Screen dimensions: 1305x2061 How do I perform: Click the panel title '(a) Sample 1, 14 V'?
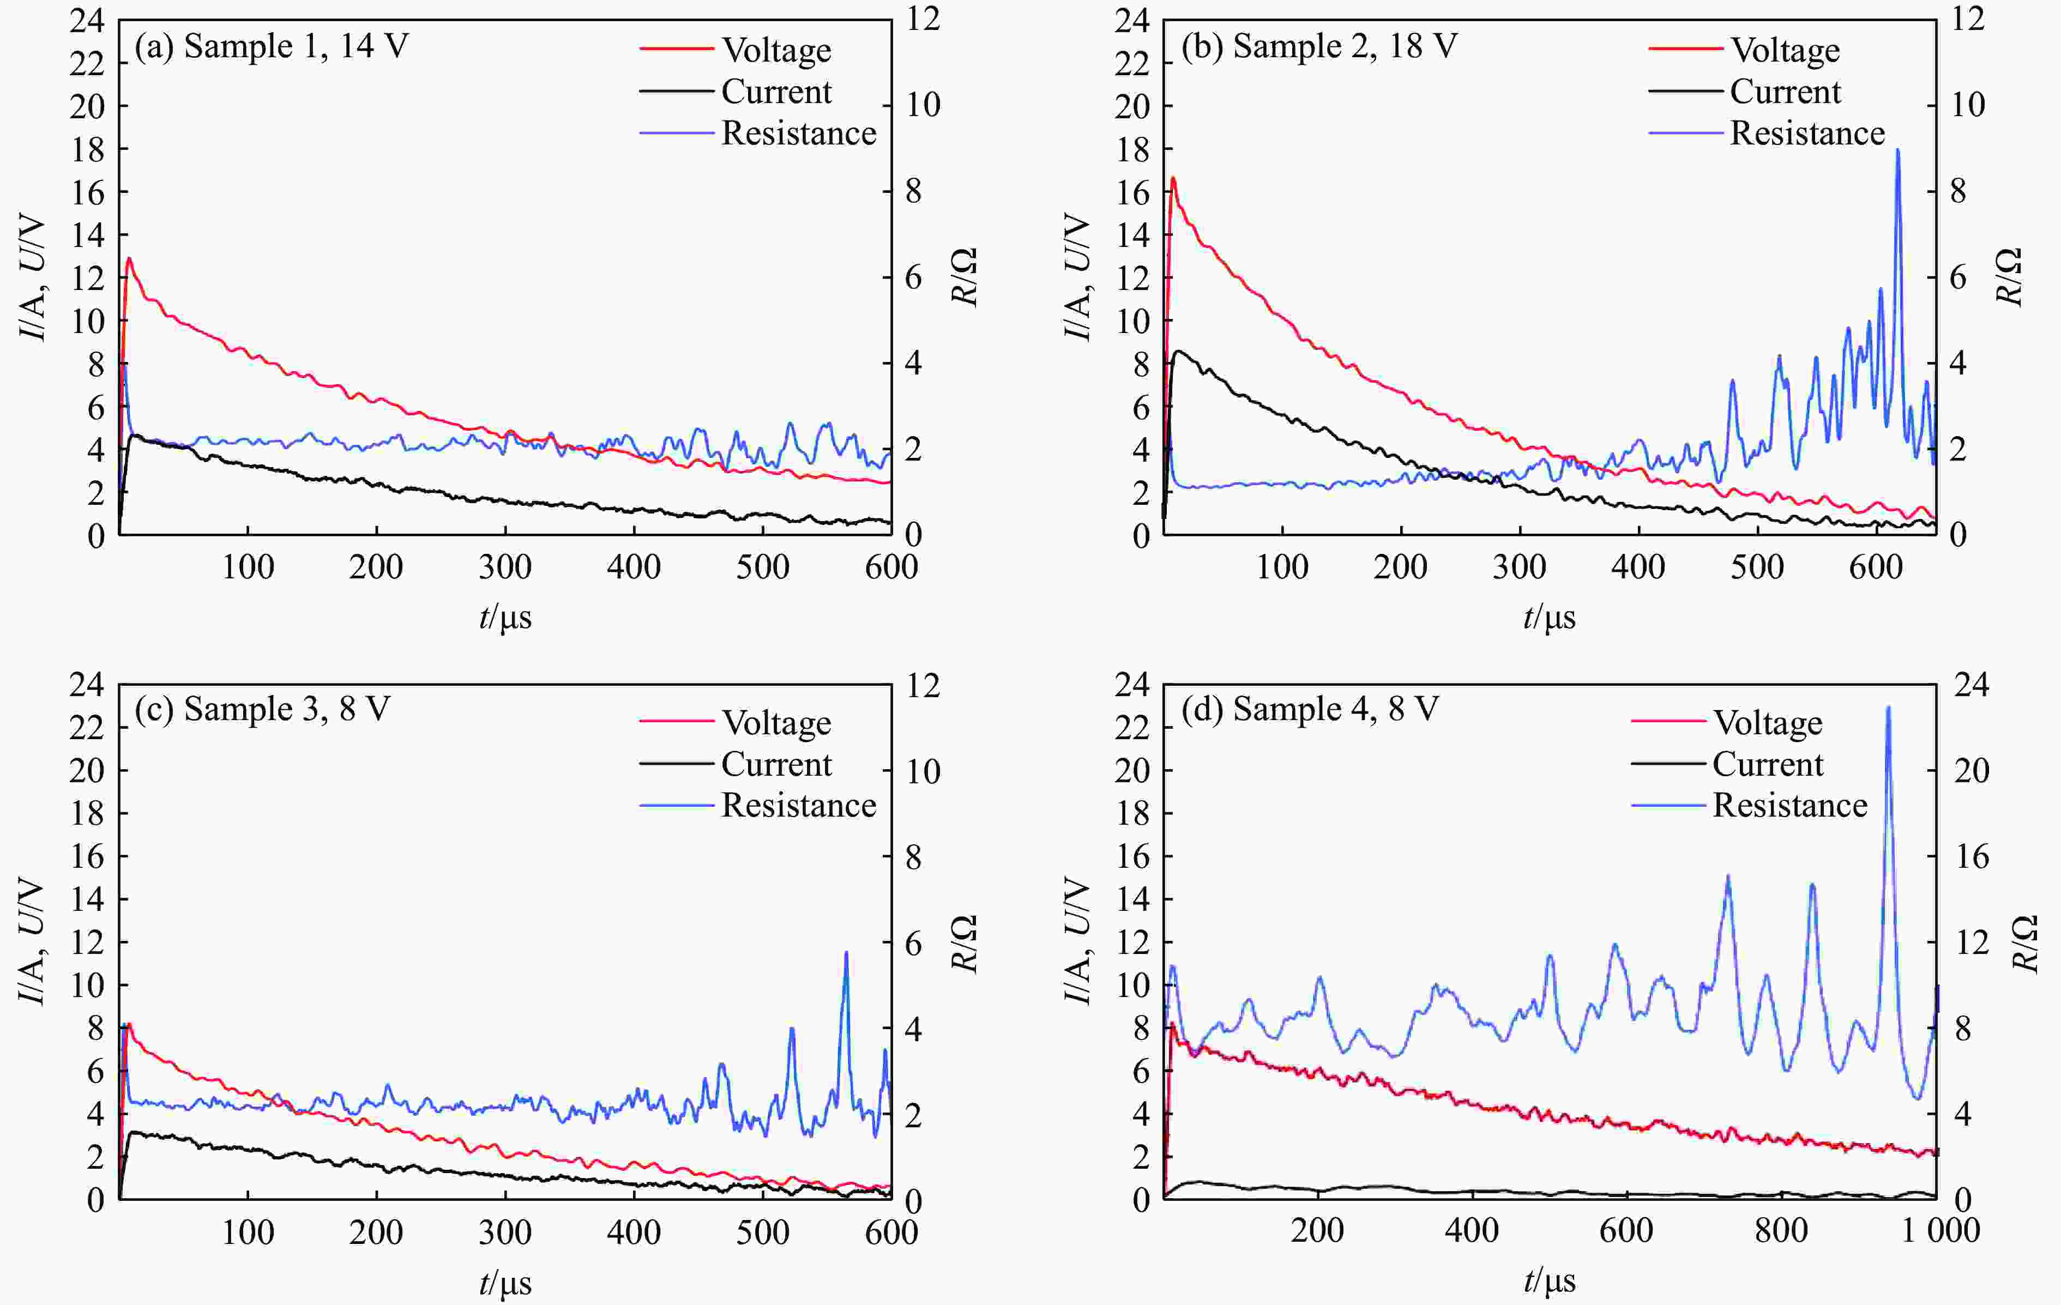tap(272, 46)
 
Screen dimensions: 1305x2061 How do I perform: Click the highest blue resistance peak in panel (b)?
tap(1897, 150)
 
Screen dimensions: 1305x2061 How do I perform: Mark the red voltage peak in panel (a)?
tap(129, 258)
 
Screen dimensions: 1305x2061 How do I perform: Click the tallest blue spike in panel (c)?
tap(846, 952)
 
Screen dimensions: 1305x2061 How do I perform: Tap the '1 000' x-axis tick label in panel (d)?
tap(1939, 1230)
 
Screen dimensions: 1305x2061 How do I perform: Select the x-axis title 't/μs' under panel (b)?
tap(1548, 617)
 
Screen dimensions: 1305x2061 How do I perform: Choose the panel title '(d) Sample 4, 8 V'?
tap(1310, 709)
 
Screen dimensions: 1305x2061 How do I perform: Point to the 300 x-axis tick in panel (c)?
tap(505, 1232)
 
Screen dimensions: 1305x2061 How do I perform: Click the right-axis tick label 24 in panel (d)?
tap(1971, 685)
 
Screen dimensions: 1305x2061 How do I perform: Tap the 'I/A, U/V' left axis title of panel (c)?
tap(33, 941)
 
